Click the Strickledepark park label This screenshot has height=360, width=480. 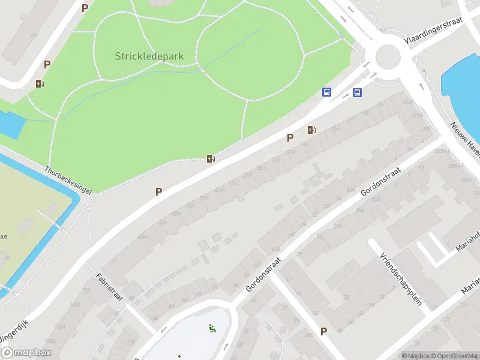(149, 56)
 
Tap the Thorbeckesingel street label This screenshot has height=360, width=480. (68, 179)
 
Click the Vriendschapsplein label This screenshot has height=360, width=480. (400, 278)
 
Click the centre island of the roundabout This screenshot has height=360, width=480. (388, 57)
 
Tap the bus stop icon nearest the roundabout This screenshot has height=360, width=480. (357, 92)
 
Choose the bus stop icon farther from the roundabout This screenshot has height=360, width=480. (327, 92)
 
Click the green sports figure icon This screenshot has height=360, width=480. (211, 328)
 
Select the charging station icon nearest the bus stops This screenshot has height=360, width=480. (311, 130)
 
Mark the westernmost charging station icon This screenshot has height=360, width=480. (40, 84)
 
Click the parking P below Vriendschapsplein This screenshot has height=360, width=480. (324, 331)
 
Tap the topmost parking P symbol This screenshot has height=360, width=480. (85, 8)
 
